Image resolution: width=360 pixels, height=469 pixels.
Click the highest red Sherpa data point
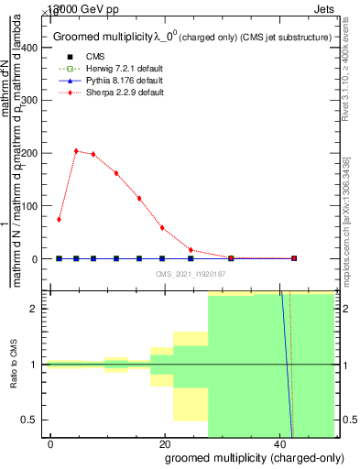pyautogui.click(x=76, y=151)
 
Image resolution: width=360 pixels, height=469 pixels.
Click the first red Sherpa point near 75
pyautogui.click(x=59, y=220)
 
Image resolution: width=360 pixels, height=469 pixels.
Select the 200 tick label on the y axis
pyautogui.click(x=32, y=153)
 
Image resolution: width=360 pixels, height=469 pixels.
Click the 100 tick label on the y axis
pyautogui.click(x=32, y=206)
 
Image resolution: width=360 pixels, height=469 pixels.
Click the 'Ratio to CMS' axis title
pyautogui.click(x=15, y=365)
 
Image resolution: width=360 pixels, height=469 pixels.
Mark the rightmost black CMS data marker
pyautogui.click(x=293, y=258)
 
